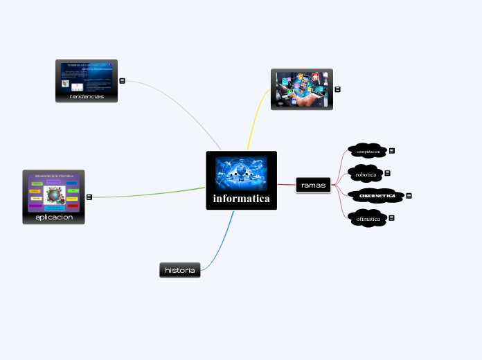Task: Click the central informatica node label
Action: pos(241,199)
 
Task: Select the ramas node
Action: pos(313,185)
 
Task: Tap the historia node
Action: pos(180,269)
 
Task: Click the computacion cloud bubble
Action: pos(367,151)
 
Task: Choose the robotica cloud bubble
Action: pos(365,174)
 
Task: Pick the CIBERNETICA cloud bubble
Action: pos(376,196)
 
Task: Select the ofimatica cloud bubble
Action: pos(367,219)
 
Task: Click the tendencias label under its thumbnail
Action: pos(87,97)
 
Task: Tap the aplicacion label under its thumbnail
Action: pos(53,217)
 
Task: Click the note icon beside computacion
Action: pos(392,150)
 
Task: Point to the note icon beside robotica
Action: pos(387,173)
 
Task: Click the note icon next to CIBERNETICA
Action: pos(409,196)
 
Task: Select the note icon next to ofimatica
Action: pos(392,218)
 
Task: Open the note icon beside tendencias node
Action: pos(122,80)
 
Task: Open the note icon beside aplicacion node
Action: pos(89,197)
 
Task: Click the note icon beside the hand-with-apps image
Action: pos(337,89)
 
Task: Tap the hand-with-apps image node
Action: pos(301,89)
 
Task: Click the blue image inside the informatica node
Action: pos(241,172)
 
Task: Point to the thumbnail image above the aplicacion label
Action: pos(53,192)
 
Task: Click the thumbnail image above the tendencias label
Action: pos(87,76)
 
